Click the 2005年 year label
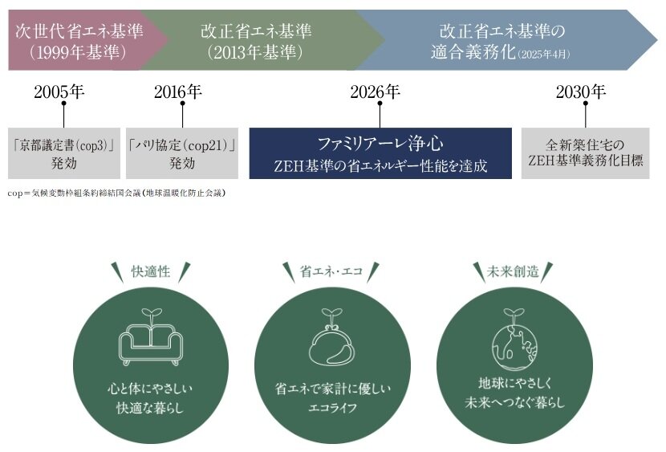click(x=59, y=92)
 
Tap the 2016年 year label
click(x=178, y=92)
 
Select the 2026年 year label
click(x=375, y=92)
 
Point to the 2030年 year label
click(x=581, y=92)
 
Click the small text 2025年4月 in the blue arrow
click(x=544, y=55)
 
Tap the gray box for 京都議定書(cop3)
click(x=64, y=153)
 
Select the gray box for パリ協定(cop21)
click(x=182, y=153)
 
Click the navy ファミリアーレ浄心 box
click(x=380, y=153)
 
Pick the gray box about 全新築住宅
click(x=585, y=153)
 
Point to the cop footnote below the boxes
click(x=116, y=193)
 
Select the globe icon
click(x=514, y=339)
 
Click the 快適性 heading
click(x=151, y=272)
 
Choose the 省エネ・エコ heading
click(x=331, y=272)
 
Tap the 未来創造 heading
click(x=513, y=272)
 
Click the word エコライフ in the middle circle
click(x=332, y=408)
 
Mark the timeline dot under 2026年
click(x=380, y=103)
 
